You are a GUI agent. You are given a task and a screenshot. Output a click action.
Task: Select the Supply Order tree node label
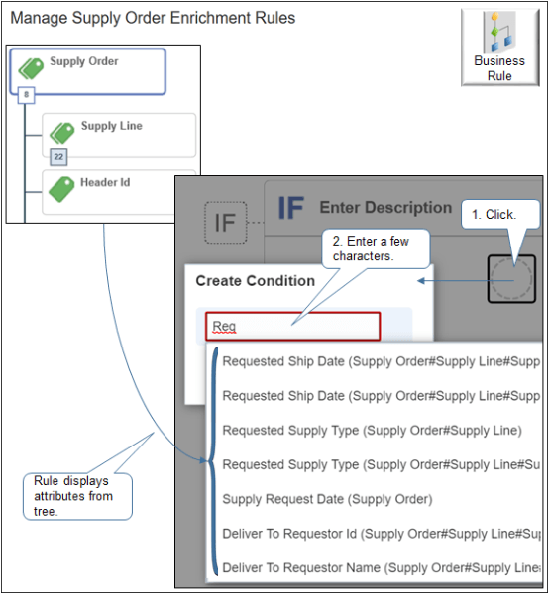(x=84, y=61)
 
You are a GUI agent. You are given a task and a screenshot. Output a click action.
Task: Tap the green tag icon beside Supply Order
(x=31, y=67)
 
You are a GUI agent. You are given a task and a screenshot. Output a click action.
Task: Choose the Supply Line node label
(x=111, y=126)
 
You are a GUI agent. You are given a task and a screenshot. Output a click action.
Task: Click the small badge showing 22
(x=59, y=155)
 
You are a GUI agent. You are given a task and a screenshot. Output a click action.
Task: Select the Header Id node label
(x=105, y=182)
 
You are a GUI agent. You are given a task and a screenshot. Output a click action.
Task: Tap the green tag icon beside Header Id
(x=62, y=188)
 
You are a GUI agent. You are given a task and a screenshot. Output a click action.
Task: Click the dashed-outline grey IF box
(x=226, y=223)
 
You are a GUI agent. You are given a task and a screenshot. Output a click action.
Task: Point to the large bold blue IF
(x=290, y=208)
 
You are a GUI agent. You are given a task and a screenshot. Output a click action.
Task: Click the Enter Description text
(x=384, y=208)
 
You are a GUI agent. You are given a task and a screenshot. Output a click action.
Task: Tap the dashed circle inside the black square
(x=513, y=278)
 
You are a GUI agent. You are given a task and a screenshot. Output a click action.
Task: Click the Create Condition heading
(x=255, y=280)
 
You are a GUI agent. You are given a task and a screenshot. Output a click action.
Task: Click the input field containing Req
(x=292, y=326)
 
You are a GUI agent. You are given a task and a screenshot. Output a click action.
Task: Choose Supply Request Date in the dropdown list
(x=327, y=499)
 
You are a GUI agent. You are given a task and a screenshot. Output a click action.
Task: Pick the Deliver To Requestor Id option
(x=377, y=534)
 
